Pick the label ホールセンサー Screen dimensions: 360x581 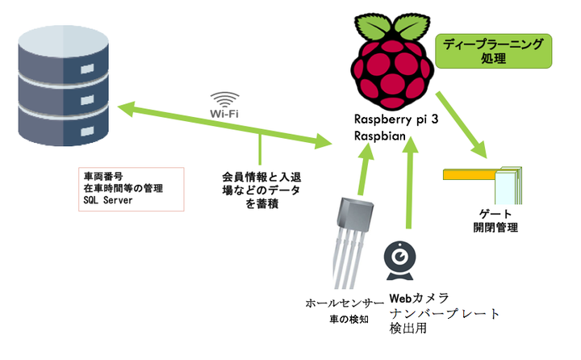[x=340, y=303]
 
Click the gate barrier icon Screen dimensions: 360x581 [x=485, y=182]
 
